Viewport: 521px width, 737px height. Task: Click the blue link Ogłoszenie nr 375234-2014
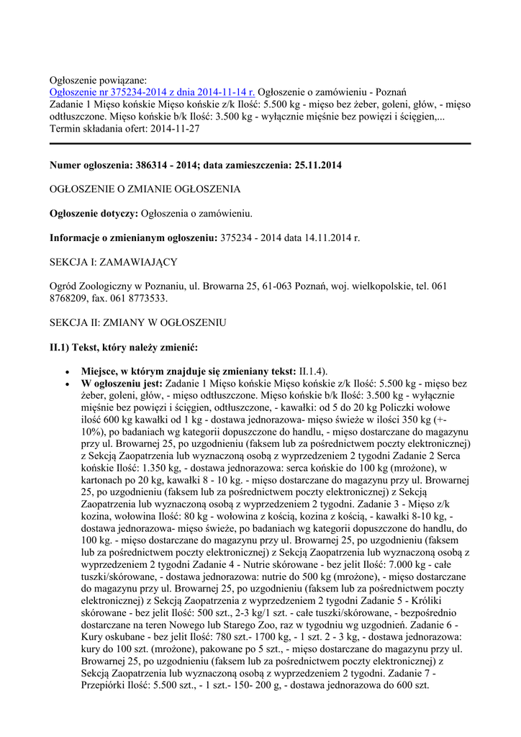tap(152, 92)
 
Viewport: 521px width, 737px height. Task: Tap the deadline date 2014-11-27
tap(176, 129)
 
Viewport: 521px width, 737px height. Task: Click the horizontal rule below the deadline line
tap(260, 143)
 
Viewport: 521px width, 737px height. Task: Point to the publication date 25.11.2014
tap(318, 165)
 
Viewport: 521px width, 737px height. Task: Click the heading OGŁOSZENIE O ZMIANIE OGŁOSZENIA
tap(145, 189)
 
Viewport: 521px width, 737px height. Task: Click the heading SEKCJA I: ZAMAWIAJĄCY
tap(113, 261)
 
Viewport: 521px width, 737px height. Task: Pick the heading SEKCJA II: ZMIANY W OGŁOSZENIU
tap(138, 322)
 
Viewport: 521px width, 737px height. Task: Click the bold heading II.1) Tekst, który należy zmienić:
tap(123, 347)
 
